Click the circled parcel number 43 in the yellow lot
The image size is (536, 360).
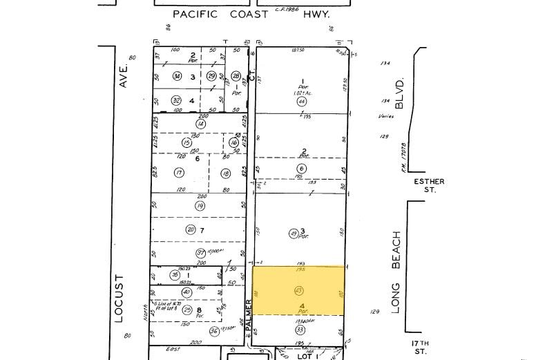click(x=299, y=290)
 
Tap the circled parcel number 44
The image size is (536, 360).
click(x=301, y=102)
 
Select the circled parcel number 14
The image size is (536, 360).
click(x=200, y=124)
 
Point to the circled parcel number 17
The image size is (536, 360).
click(x=179, y=173)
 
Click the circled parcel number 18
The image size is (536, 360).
click(x=225, y=173)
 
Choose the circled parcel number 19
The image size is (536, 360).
click(x=200, y=205)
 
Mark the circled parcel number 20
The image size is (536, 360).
click(x=191, y=229)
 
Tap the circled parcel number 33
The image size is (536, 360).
click(x=300, y=330)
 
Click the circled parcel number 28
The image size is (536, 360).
click(x=236, y=76)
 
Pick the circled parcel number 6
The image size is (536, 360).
click(x=302, y=169)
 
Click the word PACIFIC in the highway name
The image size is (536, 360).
click(x=195, y=14)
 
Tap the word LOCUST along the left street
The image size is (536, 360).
click(x=119, y=299)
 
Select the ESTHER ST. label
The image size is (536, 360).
click(x=429, y=185)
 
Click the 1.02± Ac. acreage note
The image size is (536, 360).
click(x=301, y=91)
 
